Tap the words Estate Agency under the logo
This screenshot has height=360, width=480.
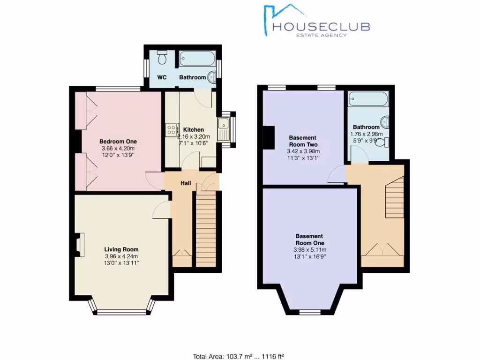coord(320,35)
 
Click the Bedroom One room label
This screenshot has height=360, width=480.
coord(118,141)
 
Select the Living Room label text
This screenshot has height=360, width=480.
coord(121,249)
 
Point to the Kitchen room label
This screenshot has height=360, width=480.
coord(193,129)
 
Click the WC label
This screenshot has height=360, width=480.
coord(162,77)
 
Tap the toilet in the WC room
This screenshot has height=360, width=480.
coord(162,58)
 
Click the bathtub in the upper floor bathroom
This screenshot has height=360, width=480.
coord(196,60)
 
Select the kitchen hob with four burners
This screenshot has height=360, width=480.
coord(171,129)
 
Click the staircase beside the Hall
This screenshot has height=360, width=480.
coord(205,230)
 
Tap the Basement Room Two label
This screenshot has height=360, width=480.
coord(303,141)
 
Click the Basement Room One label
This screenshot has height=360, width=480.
coord(309,240)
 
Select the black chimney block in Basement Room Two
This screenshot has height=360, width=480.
coord(269,138)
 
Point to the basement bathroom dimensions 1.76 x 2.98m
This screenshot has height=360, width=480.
coord(367,134)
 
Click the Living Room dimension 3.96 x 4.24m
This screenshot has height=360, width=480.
coord(121,256)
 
